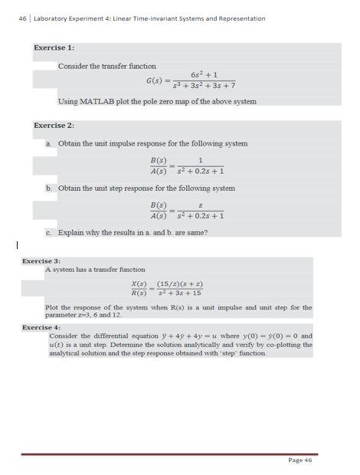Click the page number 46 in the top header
11,18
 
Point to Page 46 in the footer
300,460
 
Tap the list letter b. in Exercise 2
49,188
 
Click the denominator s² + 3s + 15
179,293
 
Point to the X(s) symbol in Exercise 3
139,283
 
